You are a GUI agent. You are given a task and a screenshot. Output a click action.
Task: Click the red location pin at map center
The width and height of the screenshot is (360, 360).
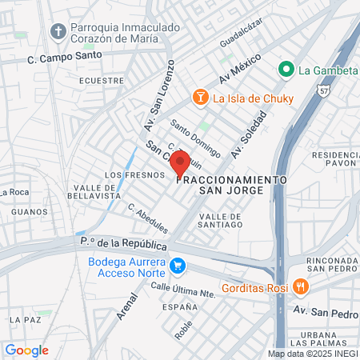tap(180, 163)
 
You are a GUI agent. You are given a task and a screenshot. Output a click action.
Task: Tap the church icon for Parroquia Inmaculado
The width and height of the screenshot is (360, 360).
tap(58, 31)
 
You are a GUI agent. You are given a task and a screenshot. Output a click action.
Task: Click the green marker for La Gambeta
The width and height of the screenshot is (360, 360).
tap(286, 70)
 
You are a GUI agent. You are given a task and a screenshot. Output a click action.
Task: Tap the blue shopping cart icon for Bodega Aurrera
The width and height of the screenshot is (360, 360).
tap(178, 265)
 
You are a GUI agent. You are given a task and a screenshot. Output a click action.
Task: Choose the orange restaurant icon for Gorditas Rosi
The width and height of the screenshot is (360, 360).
tap(299, 286)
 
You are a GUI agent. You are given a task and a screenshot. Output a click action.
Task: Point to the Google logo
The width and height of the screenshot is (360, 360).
tap(26, 350)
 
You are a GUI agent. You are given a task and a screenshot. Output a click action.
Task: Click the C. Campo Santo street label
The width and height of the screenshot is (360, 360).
tap(65, 57)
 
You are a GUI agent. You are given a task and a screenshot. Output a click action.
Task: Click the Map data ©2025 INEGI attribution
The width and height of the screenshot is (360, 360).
tap(312, 353)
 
